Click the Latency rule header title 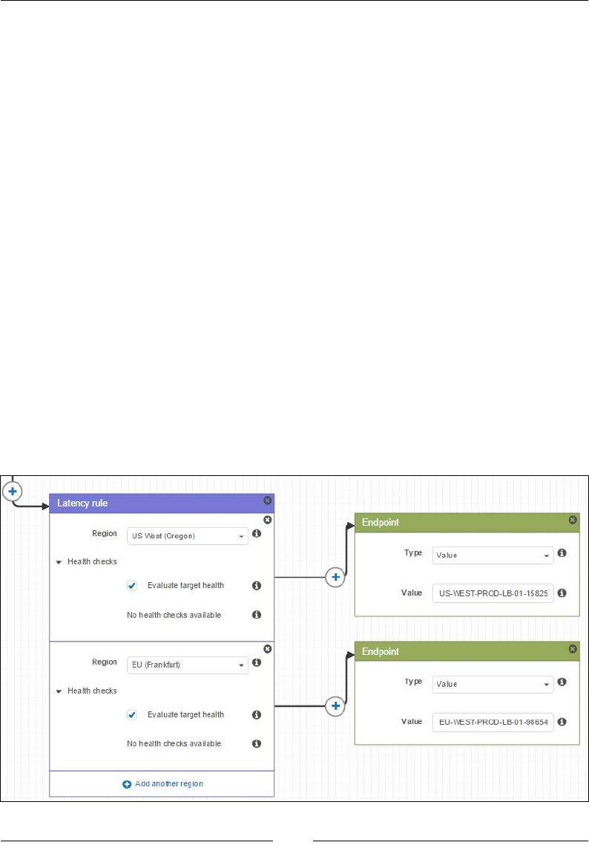pos(83,504)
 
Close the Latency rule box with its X pos(267,501)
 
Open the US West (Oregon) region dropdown pos(188,535)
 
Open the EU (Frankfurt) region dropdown pos(188,665)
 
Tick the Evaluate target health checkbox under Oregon pos(132,586)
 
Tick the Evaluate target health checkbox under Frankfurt pos(132,715)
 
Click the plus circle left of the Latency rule pos(13,491)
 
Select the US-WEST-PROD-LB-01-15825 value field pos(493,593)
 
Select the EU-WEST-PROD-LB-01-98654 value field pos(493,723)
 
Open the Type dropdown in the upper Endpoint pos(493,555)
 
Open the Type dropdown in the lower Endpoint pos(493,684)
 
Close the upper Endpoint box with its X pos(573,521)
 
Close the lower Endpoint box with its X pos(573,649)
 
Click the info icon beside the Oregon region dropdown pos(257,534)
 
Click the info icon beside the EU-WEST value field pos(562,722)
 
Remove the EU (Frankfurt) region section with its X pos(267,649)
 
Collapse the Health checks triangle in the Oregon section pos(59,563)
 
